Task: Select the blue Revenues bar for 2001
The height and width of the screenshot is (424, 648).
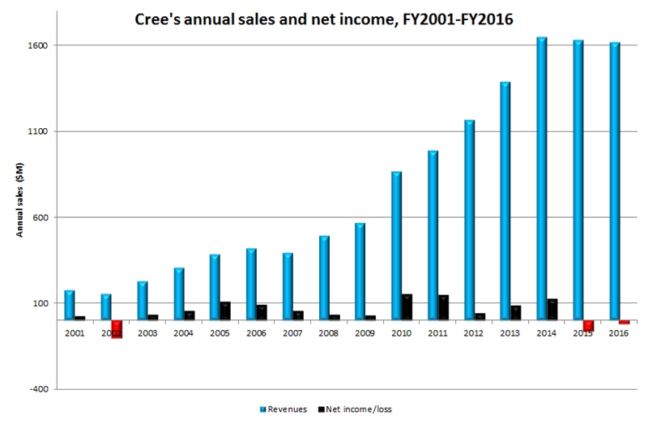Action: [x=70, y=305]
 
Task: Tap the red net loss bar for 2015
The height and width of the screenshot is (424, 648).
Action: [x=588, y=326]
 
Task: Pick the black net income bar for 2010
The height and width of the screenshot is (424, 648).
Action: [x=407, y=307]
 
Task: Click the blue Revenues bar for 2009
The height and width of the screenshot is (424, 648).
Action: [x=360, y=272]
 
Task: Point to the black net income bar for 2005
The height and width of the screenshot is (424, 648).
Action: [x=225, y=311]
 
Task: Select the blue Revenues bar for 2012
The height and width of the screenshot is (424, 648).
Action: [x=470, y=220]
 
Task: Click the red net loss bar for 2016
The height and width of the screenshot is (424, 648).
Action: [x=625, y=323]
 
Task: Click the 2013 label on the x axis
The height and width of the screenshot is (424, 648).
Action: [x=509, y=332]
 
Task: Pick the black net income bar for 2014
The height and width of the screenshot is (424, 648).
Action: [x=552, y=310]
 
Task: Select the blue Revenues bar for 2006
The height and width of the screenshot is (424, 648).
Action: [x=251, y=285]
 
